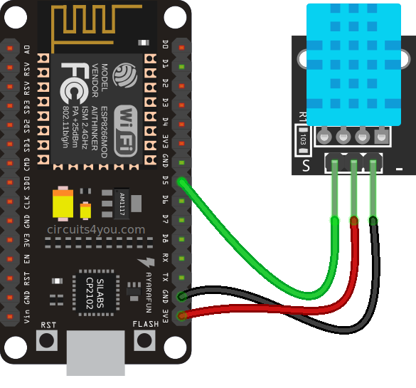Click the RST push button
(48, 340)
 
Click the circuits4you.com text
(95, 230)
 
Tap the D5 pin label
(166, 181)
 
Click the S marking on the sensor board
(307, 167)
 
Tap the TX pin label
(166, 277)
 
